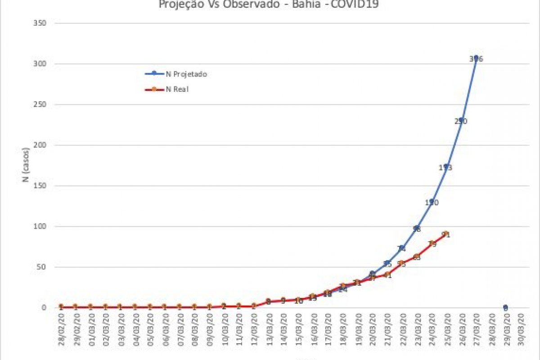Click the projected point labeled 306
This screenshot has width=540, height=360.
click(x=476, y=58)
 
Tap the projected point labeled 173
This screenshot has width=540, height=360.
click(x=446, y=166)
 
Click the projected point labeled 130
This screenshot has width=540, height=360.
click(x=432, y=202)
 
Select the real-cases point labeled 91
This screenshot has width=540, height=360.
click(x=446, y=234)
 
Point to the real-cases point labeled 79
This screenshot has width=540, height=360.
click(x=432, y=243)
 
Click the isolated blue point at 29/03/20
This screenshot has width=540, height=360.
click(x=505, y=307)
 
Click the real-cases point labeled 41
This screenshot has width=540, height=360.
click(x=387, y=274)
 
